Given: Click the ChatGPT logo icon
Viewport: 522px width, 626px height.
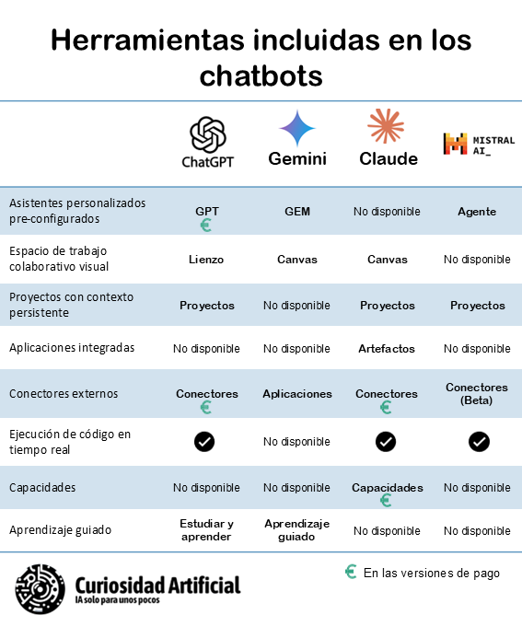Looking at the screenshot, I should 207,133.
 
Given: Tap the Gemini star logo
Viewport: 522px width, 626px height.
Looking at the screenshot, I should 297,129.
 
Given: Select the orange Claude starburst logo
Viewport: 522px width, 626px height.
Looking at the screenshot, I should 386,126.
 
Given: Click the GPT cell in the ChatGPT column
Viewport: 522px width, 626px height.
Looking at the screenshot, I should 207,211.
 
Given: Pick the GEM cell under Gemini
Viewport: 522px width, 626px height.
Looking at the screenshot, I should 297,211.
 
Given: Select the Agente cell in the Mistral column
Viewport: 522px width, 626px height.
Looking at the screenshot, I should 477,211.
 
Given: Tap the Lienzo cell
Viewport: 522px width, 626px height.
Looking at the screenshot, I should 207,260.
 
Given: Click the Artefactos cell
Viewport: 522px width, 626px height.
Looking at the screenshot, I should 386,349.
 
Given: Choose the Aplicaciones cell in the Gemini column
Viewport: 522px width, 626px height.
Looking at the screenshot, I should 297,393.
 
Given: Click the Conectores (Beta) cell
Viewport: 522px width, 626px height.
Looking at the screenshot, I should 477,393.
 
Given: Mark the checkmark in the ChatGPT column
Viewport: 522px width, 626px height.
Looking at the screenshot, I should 204,442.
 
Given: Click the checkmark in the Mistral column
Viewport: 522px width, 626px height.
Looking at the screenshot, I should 478,442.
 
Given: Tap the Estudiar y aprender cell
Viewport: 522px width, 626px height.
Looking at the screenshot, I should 207,530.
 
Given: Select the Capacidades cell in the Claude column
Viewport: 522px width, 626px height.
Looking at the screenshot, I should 387,487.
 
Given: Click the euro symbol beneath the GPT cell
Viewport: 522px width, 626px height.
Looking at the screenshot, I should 206,225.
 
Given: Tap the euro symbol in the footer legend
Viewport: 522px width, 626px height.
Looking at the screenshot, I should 351,572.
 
